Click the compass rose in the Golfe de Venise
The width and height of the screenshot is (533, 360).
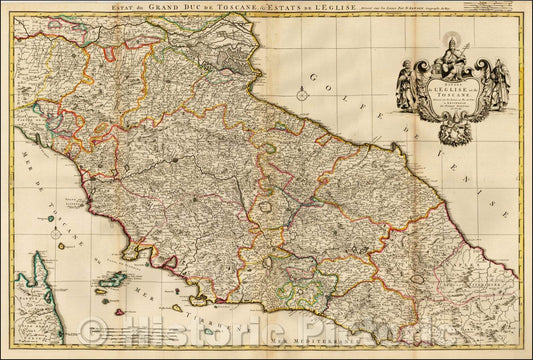301,97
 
